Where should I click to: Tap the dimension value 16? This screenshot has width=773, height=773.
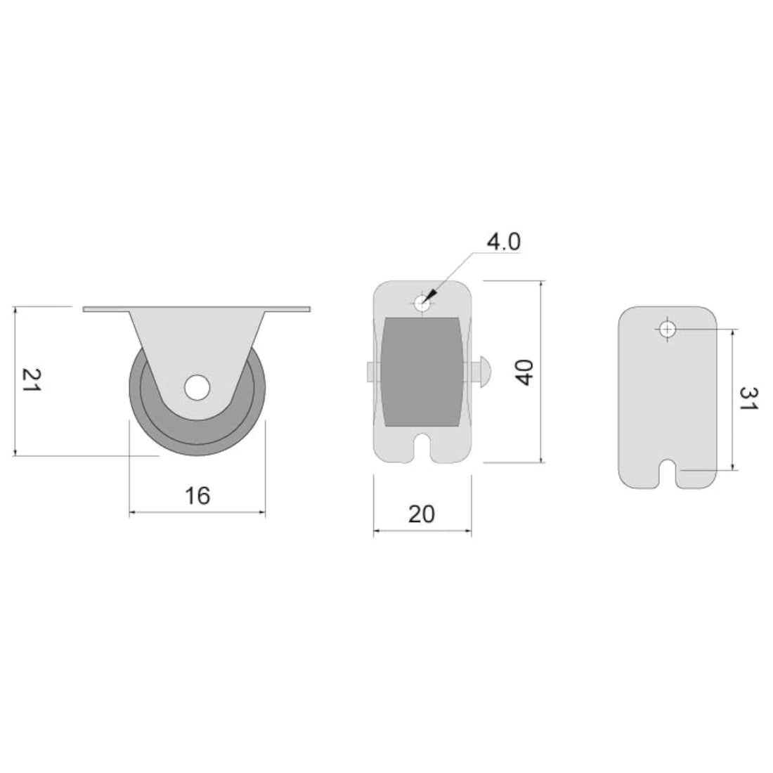pyautogui.click(x=197, y=495)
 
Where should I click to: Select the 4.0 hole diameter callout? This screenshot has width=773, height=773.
pyautogui.click(x=503, y=242)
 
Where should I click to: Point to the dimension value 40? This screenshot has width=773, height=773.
pyautogui.click(x=524, y=372)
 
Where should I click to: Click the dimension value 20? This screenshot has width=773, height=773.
pyautogui.click(x=422, y=514)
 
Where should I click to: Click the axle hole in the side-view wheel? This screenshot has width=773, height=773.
pyautogui.click(x=197, y=387)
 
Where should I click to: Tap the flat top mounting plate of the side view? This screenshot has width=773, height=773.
pyautogui.click(x=197, y=309)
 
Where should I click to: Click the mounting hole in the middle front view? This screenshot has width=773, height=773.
pyautogui.click(x=422, y=304)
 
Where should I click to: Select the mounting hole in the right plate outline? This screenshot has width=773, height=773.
pyautogui.click(x=668, y=328)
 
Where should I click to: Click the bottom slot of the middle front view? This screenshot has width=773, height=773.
pyautogui.click(x=422, y=447)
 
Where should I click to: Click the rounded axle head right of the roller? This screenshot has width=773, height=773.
pyautogui.click(x=485, y=370)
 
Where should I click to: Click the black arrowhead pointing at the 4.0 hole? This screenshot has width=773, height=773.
pyautogui.click(x=431, y=294)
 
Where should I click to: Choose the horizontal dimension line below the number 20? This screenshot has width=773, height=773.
pyautogui.click(x=422, y=531)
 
